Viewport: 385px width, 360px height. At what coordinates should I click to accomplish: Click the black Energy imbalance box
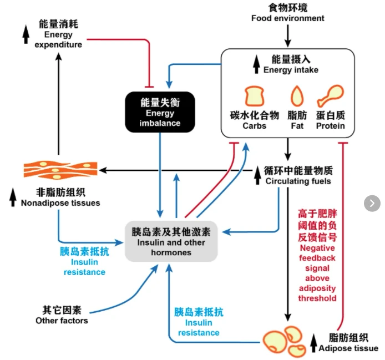[160, 112]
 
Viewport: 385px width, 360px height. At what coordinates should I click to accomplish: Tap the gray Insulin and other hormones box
[171, 241]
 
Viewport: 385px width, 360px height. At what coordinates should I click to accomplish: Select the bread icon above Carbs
[255, 96]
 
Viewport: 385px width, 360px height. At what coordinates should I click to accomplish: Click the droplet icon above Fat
[297, 96]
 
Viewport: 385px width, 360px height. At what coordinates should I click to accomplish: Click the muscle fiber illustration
[60, 169]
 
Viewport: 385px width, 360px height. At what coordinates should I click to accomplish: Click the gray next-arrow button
[372, 204]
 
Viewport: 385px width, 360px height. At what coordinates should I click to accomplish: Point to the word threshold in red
[317, 298]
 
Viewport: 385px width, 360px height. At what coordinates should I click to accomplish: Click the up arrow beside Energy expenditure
[26, 34]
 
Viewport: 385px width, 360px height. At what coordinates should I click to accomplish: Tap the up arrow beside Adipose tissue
[313, 343]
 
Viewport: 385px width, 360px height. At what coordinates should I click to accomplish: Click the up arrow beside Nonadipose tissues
[13, 197]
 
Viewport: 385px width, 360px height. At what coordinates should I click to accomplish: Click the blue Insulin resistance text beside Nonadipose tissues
[84, 262]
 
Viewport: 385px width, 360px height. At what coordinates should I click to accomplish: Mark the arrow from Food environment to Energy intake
[288, 36]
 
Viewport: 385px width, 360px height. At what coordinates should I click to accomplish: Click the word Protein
[331, 126]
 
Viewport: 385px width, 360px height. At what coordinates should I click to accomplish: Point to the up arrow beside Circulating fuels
[257, 175]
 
